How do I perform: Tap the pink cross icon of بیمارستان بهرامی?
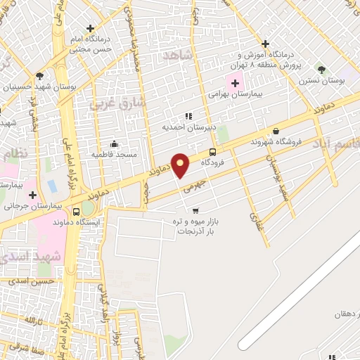(235, 83)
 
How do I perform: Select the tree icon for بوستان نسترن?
(321, 69)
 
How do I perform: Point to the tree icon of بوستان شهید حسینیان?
(39, 76)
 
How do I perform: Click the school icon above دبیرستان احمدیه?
(188, 116)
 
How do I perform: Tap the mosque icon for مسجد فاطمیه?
(115, 143)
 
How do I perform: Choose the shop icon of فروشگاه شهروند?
(276, 131)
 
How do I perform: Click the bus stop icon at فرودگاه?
(212, 152)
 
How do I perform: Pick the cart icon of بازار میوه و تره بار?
(195, 210)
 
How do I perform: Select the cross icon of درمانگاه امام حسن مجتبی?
(89, 28)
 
